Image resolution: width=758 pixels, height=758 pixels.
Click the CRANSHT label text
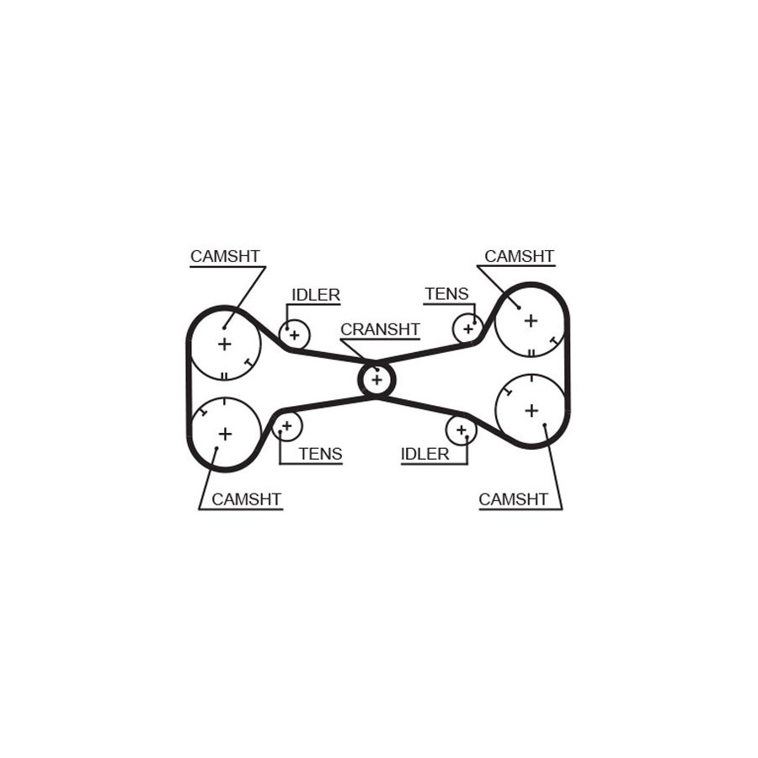tap(380, 329)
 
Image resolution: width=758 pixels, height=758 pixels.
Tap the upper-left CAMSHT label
tap(225, 256)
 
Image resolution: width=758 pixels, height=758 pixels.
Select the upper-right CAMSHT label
tap(519, 256)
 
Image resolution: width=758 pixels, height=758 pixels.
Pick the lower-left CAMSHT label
tap(247, 499)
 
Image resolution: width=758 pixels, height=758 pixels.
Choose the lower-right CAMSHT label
tap(514, 499)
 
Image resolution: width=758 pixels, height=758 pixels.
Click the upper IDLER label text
tap(316, 295)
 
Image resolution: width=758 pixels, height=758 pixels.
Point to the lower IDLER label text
tap(425, 454)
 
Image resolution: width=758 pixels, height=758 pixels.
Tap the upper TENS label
tap(447, 294)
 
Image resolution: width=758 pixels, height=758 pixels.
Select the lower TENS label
tap(321, 454)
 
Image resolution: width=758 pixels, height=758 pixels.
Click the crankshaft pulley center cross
tap(376, 380)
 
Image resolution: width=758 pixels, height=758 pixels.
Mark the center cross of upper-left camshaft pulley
tap(224, 344)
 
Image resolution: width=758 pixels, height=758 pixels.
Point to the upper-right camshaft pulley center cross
tap(531, 321)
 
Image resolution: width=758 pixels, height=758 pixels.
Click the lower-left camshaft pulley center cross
tap(225, 434)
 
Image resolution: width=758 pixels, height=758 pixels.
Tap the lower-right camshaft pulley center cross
tap(531, 410)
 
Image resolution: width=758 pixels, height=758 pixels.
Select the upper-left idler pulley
tap(295, 334)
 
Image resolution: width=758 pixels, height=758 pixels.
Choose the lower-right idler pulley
tap(462, 430)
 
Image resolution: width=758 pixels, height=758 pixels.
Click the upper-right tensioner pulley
tap(467, 328)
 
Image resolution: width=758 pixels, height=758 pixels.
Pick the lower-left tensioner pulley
tap(287, 426)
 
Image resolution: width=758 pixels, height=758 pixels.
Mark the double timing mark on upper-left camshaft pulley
tap(224, 376)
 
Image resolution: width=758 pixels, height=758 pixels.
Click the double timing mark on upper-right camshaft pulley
tap(531, 352)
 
